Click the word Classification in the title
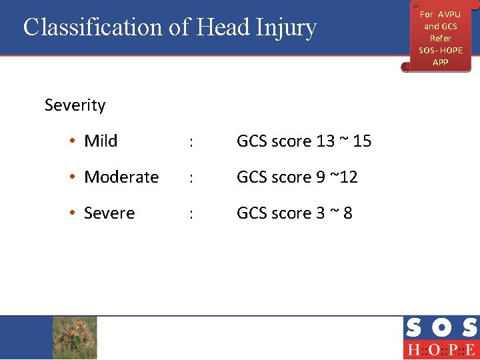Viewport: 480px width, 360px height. [91, 27]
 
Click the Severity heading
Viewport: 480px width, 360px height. [75, 105]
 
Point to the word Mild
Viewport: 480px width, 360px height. [101, 141]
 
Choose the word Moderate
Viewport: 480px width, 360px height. [121, 177]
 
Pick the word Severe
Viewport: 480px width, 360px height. [109, 213]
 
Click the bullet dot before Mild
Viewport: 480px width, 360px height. [72, 141]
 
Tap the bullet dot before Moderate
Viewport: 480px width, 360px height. [72, 177]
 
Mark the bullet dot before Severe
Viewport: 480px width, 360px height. [72, 213]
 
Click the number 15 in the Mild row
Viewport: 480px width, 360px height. [362, 141]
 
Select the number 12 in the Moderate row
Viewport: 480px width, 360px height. [348, 177]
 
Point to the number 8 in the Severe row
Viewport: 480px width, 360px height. [347, 213]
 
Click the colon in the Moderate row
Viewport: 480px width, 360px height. [191, 178]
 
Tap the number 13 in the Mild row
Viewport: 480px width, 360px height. [325, 141]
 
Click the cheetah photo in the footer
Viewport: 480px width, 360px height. [75, 337]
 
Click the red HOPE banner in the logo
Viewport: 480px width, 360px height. [440, 350]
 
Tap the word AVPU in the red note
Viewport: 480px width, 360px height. [449, 15]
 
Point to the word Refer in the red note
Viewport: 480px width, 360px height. [440, 39]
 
